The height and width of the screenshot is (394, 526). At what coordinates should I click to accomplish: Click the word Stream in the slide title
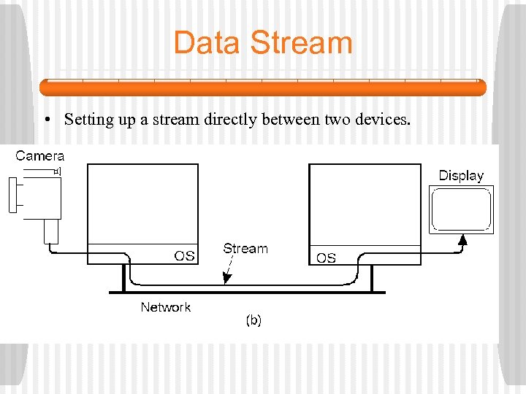point(301,42)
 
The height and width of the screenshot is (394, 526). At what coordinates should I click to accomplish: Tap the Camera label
point(40,155)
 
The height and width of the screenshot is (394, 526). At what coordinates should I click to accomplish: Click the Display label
point(461,176)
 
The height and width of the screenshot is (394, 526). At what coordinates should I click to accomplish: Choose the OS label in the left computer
point(183,255)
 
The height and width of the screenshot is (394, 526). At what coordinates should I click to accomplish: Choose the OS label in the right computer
point(326,258)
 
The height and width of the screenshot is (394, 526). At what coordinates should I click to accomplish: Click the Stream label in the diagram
point(245,249)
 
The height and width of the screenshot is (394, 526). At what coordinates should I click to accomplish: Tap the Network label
point(166,307)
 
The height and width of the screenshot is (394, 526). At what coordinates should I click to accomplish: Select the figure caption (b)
point(253,320)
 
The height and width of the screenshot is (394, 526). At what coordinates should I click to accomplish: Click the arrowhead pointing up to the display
point(462,239)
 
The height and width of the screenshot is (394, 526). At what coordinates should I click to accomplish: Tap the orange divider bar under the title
point(263,88)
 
